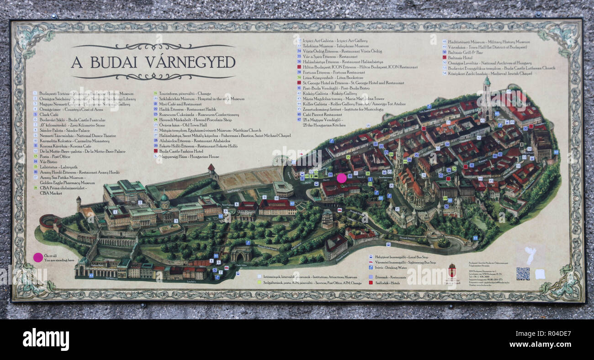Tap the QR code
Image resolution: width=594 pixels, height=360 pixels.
pyautogui.click(x=523, y=274)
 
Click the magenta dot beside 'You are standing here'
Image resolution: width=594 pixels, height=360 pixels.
pyautogui.click(x=38, y=257)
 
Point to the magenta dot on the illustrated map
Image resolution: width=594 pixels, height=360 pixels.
pyautogui.click(x=342, y=178)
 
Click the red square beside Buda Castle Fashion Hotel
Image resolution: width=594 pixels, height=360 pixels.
pyautogui.click(x=156, y=151)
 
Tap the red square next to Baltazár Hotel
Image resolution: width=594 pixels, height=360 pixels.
pyautogui.click(x=444, y=58)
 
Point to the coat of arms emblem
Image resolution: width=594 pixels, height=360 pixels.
pyautogui.click(x=452, y=270)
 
